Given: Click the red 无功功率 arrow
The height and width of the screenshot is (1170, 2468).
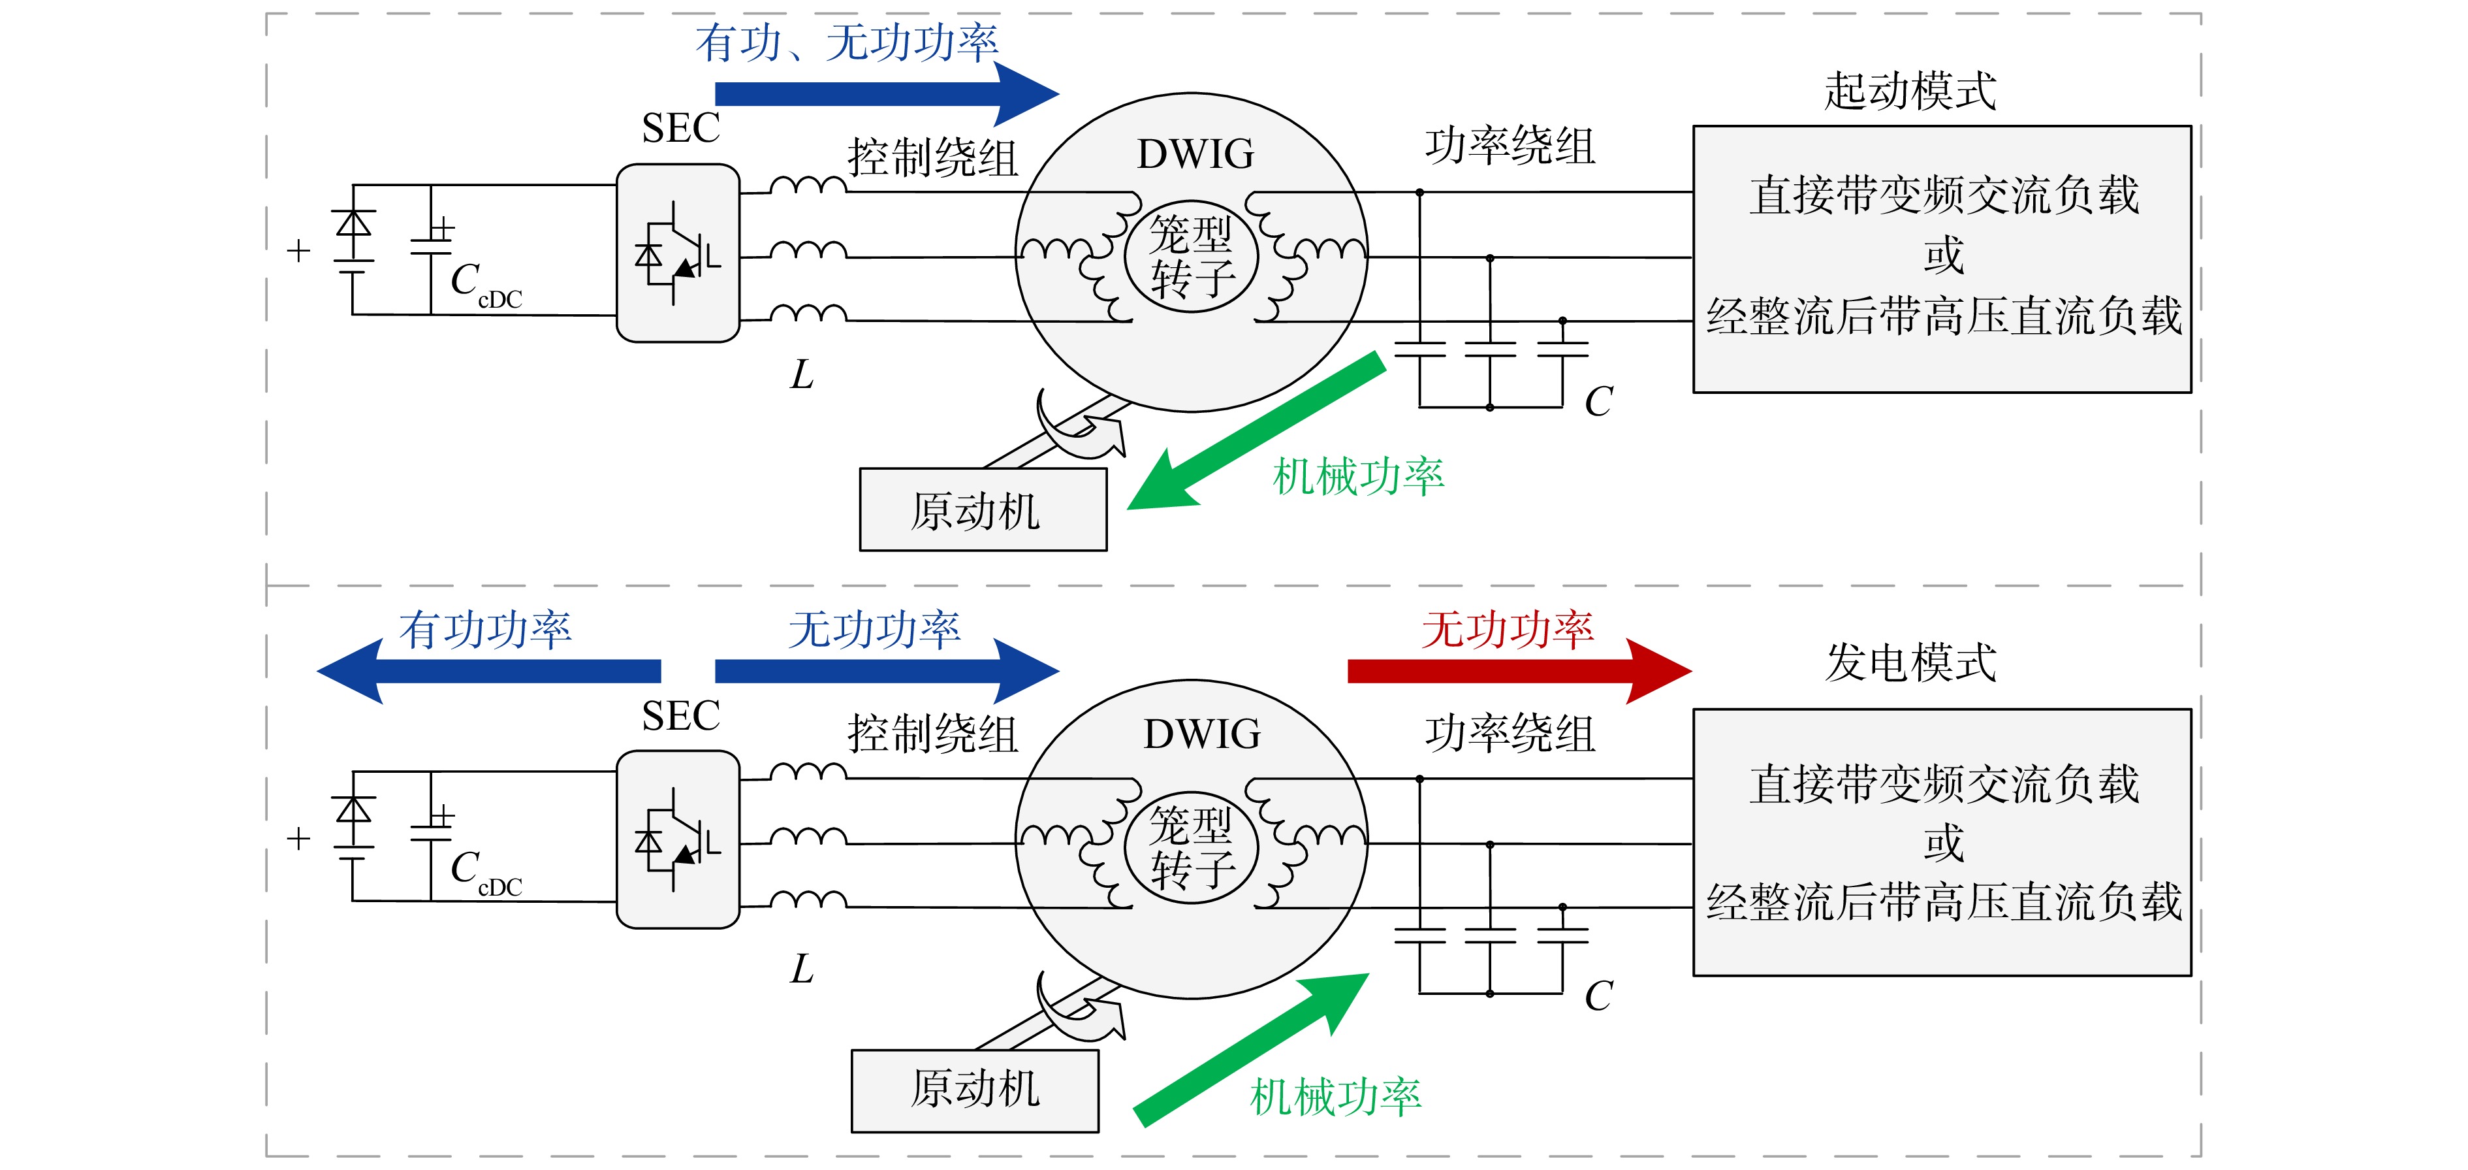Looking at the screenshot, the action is pyautogui.click(x=1519, y=671).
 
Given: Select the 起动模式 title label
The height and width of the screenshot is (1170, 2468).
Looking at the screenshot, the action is pyautogui.click(x=1910, y=91).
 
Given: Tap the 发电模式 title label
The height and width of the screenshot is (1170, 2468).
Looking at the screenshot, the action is pyautogui.click(x=1910, y=662).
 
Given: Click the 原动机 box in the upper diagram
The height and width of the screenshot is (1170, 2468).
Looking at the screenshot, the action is pyautogui.click(x=983, y=510).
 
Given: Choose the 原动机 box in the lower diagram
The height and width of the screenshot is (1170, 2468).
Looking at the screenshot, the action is pyautogui.click(x=974, y=1090).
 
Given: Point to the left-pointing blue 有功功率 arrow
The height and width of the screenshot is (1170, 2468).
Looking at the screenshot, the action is pyautogui.click(x=488, y=671).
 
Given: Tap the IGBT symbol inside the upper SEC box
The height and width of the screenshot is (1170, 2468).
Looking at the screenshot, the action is pyautogui.click(x=677, y=253).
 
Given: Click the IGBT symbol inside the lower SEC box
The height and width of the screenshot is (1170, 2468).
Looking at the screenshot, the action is pyautogui.click(x=677, y=839).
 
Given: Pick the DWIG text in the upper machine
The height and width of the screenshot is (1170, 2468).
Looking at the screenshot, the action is pyautogui.click(x=1195, y=154).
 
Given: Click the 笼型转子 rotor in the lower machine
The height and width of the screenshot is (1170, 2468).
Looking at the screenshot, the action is pyautogui.click(x=1191, y=847).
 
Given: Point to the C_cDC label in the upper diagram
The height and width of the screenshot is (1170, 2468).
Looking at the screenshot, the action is pyautogui.click(x=486, y=285).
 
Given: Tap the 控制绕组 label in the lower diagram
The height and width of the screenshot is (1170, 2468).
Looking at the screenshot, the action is pyautogui.click(x=932, y=734).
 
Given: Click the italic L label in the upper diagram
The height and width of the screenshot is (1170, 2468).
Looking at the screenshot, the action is pyautogui.click(x=802, y=375).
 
